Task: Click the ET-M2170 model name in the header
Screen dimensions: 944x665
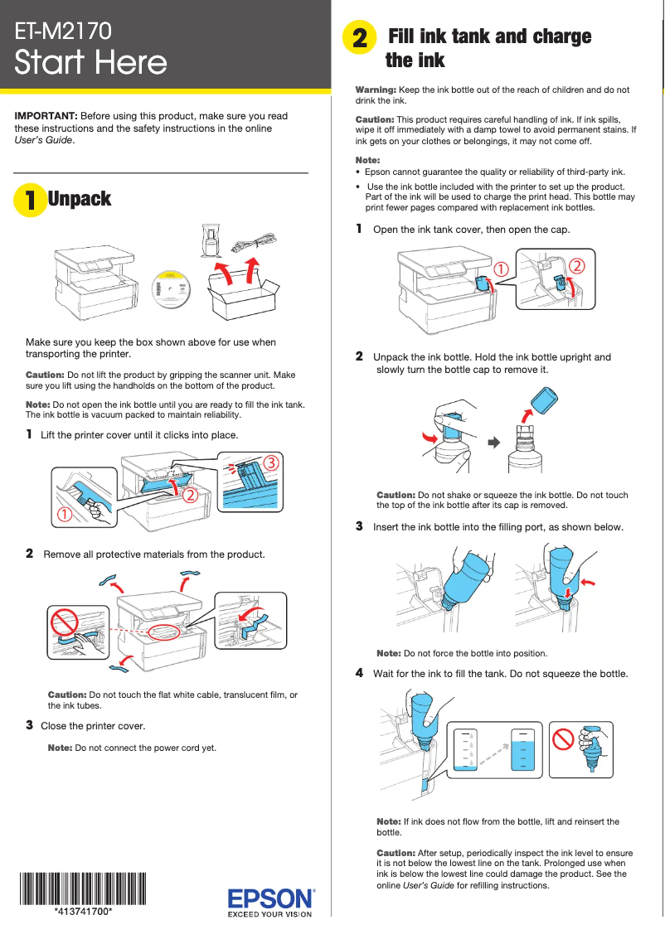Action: click(x=63, y=31)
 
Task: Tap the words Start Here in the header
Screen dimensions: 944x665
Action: click(x=91, y=63)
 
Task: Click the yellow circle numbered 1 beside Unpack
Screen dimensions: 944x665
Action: click(x=29, y=200)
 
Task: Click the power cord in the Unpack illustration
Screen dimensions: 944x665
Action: click(x=254, y=241)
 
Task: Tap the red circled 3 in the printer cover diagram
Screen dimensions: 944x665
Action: click(x=269, y=462)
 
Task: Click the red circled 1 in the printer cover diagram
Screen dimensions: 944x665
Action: click(x=64, y=515)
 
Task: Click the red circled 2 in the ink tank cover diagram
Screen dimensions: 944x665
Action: click(x=576, y=264)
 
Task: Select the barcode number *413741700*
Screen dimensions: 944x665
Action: click(x=83, y=911)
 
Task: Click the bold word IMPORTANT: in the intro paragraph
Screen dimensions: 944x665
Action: click(x=46, y=116)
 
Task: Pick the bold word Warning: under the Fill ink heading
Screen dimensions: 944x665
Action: click(x=376, y=90)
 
